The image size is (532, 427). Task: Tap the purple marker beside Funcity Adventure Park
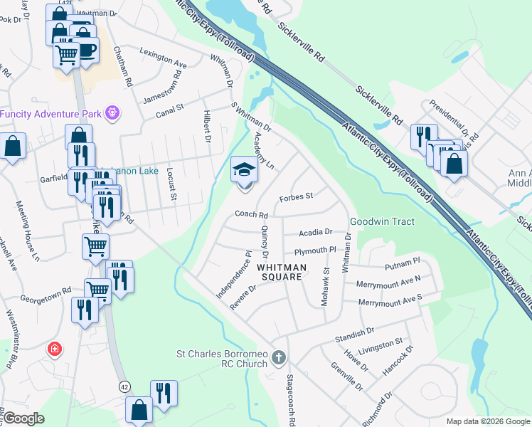[112, 112]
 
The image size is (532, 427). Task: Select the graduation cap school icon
[243, 171]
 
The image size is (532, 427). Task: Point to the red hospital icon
[53, 349]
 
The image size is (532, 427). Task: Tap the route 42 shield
[124, 386]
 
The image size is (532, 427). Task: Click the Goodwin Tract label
[382, 221]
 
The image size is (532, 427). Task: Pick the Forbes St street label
[296, 197]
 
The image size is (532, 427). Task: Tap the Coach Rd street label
[252, 215]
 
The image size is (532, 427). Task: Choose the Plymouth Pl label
[315, 251]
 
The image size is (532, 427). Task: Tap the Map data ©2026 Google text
[487, 421]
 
